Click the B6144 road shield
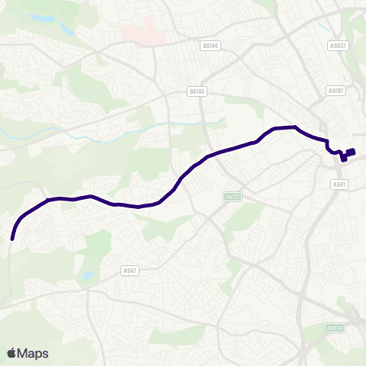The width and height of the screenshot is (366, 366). pyautogui.click(x=210, y=46)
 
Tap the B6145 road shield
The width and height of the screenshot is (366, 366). pyautogui.click(x=197, y=91)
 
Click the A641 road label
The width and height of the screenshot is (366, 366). pyautogui.click(x=339, y=184)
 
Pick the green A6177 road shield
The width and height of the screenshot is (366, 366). pyautogui.click(x=233, y=197)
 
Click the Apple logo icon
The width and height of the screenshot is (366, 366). pyautogui.click(x=11, y=353)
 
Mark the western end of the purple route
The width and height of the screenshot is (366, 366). pyautogui.click(x=12, y=239)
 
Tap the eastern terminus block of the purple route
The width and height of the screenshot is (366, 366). pyautogui.click(x=349, y=152)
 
